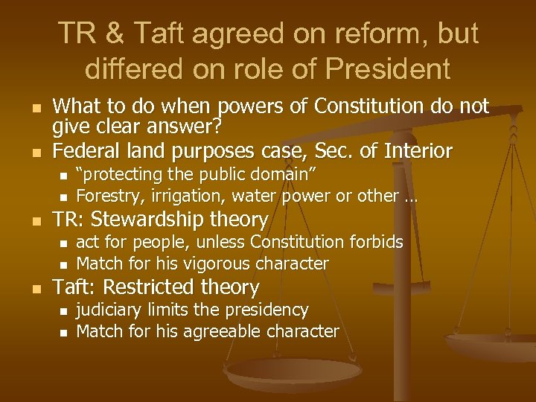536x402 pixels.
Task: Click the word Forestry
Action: click(x=109, y=197)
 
